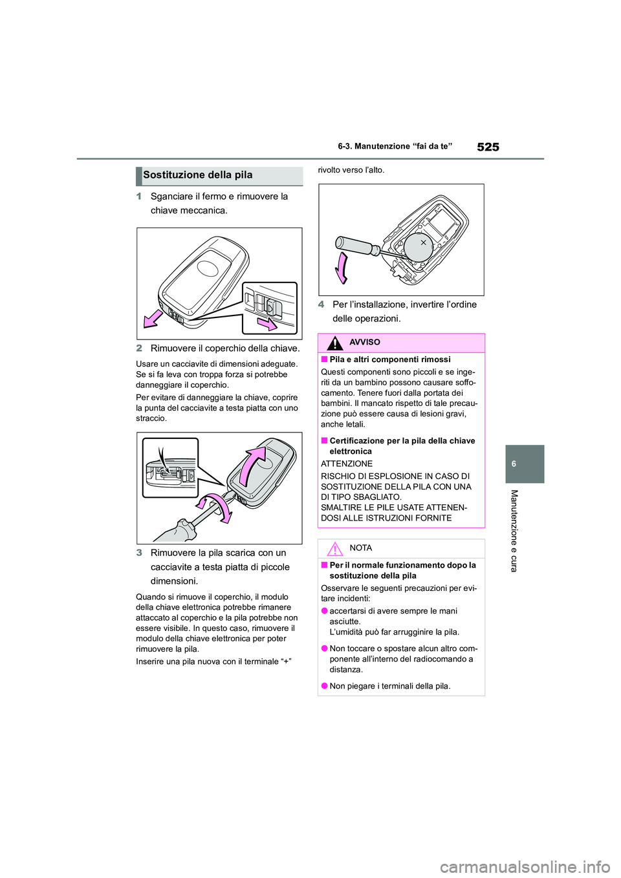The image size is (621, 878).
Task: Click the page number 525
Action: click(x=488, y=147)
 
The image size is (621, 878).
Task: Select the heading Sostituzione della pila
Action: click(x=198, y=175)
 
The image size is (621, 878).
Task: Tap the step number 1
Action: click(x=139, y=197)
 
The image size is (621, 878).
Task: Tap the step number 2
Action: click(x=139, y=348)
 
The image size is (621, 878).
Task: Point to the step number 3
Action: click(x=139, y=553)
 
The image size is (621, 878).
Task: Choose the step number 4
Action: click(x=321, y=305)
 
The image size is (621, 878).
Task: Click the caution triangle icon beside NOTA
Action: click(x=334, y=549)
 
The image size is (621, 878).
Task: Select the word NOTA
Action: click(x=360, y=548)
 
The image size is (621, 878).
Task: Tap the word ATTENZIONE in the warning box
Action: click(x=347, y=464)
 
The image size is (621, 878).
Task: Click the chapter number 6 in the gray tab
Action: click(x=514, y=464)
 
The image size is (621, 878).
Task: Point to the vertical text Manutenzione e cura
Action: click(x=514, y=530)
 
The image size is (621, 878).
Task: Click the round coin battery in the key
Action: click(x=419, y=246)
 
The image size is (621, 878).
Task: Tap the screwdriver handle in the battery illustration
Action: click(x=353, y=245)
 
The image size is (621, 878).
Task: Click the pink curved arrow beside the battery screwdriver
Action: click(x=342, y=268)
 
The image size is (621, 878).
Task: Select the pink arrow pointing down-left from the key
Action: click(x=153, y=319)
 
